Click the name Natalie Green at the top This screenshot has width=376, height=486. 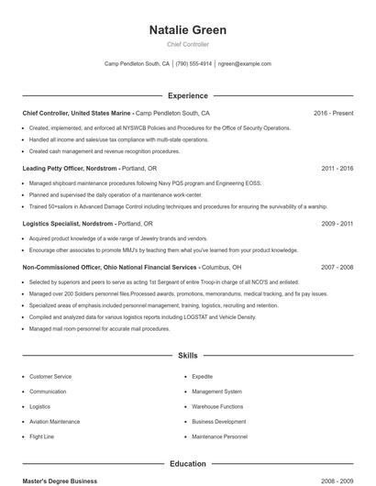pos(187,30)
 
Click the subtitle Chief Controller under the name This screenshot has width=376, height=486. pos(187,44)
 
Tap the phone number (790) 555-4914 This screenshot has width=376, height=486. pos(194,64)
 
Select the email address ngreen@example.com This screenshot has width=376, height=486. pos(245,64)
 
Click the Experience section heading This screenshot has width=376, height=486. pos(187,95)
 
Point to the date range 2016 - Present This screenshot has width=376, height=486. pos(333,113)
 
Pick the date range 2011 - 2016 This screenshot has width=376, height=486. pos(337,169)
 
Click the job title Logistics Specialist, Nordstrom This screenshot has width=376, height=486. pos(68,224)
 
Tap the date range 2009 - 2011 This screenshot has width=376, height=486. pos(337,224)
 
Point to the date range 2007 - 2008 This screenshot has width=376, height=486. pos(337,267)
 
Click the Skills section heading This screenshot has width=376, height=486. pos(187,355)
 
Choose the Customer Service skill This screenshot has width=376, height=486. pos(50,377)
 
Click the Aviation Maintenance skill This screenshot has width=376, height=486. pos(54,422)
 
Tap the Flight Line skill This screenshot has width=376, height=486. pos(42,436)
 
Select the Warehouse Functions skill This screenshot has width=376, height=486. pos(217,406)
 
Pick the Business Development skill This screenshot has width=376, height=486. pos(218,422)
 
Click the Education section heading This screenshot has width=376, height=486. pos(187,464)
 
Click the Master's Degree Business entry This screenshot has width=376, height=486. pos(60,481)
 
